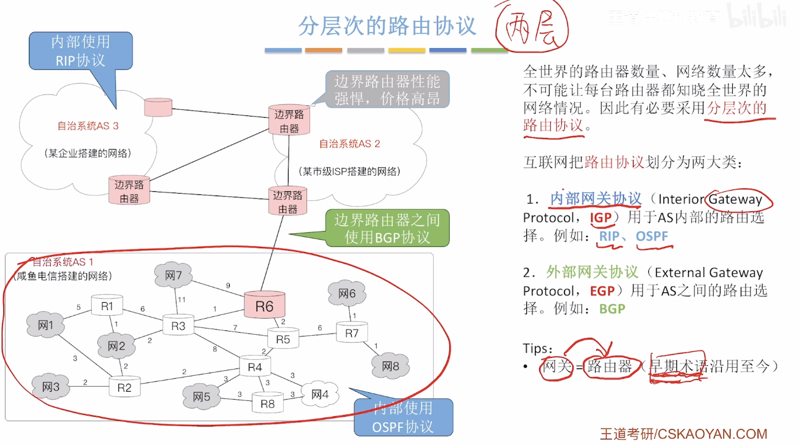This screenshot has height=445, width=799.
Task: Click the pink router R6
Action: point(265,305)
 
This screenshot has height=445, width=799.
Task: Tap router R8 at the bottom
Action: point(268,403)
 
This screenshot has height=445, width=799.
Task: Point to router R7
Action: point(352,332)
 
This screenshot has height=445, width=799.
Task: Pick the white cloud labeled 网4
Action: point(320,394)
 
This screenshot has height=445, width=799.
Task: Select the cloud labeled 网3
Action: point(51,387)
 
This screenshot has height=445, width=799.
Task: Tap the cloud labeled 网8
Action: point(390,366)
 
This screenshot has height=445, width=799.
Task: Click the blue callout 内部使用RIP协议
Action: point(81,51)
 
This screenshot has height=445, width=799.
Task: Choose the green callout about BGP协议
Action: point(387,229)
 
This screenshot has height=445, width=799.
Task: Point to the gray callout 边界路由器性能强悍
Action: point(387,89)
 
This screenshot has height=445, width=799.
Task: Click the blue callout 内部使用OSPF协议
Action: point(403,417)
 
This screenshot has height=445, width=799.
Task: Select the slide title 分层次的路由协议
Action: point(387,26)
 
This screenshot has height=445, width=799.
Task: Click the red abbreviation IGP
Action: point(601,218)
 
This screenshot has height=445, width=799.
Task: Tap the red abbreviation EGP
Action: point(602,291)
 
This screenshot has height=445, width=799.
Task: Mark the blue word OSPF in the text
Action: point(652,237)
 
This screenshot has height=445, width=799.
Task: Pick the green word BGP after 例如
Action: point(612,309)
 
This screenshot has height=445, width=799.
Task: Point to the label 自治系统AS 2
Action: point(350,144)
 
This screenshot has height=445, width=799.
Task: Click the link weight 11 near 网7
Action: point(181,300)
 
